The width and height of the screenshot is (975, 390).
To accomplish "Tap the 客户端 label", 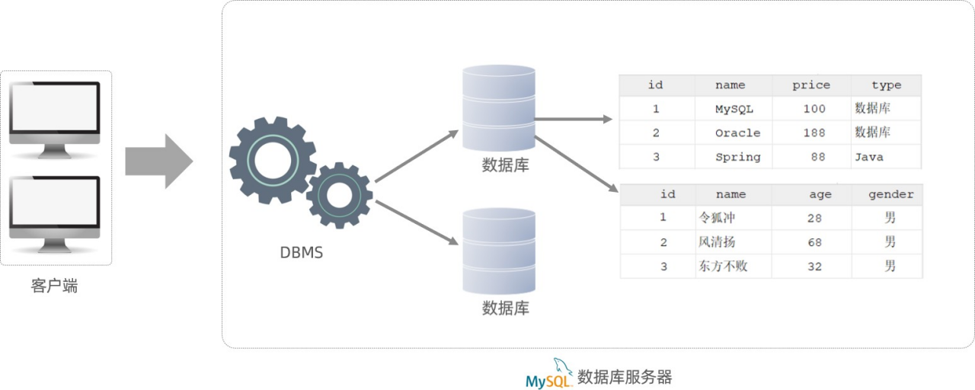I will [x=55, y=286].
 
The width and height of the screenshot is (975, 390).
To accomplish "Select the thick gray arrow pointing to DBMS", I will [x=158, y=161].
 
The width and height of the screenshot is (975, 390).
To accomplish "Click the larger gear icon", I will [x=272, y=161].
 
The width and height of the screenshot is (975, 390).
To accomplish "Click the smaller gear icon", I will [x=339, y=195].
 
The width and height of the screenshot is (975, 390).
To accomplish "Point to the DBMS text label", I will [x=301, y=253].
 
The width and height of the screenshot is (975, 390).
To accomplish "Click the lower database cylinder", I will [x=499, y=251].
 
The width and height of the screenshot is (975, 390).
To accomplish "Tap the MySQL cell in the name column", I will [x=734, y=109].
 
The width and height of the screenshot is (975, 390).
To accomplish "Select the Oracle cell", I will [x=737, y=133].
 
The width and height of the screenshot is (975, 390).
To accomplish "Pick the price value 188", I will [x=814, y=133].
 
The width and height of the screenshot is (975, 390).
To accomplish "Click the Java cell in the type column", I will [x=869, y=157].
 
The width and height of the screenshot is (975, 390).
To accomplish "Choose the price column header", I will [x=810, y=85].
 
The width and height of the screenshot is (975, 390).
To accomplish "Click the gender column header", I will [x=890, y=194].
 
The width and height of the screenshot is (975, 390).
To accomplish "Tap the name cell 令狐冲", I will [x=717, y=218].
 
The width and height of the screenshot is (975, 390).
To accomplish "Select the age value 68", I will [x=814, y=242].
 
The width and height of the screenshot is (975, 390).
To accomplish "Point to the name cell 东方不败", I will [x=723, y=267].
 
